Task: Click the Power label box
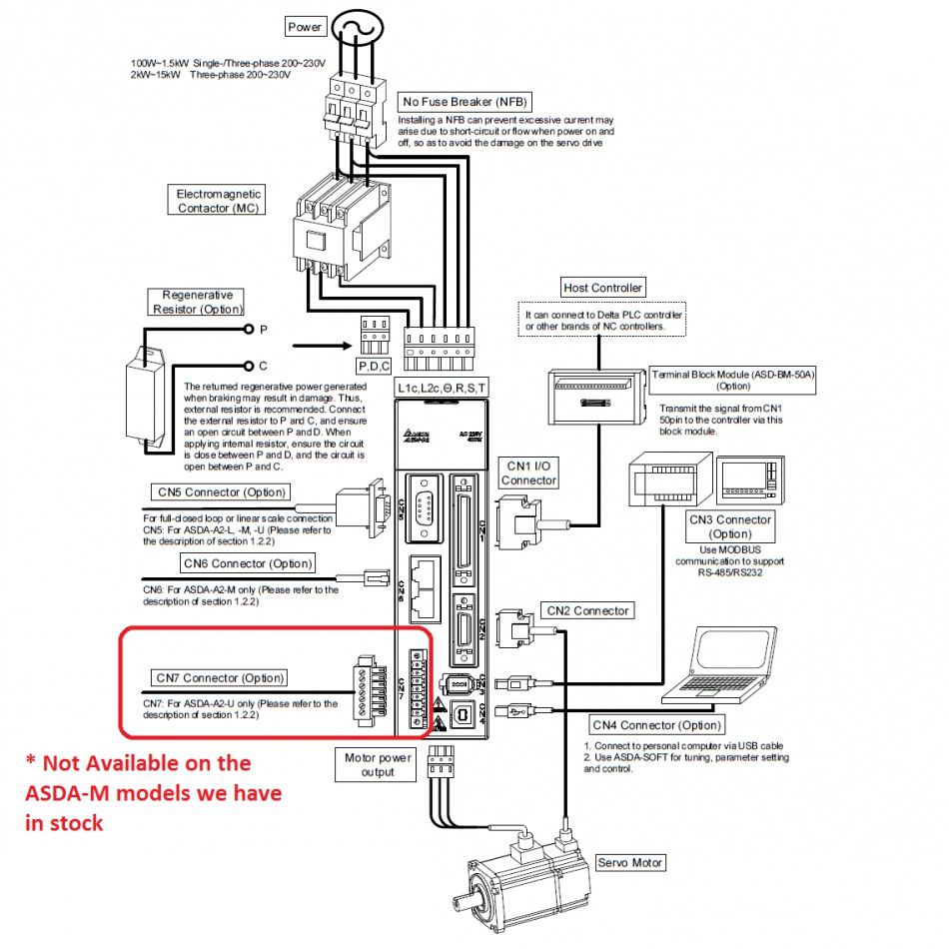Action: [x=305, y=26]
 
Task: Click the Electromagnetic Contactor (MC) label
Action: [x=219, y=200]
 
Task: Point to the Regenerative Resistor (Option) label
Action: [x=197, y=302]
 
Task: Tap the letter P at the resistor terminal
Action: [x=263, y=329]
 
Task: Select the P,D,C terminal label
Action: [x=376, y=365]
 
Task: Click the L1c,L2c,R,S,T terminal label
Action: [x=442, y=387]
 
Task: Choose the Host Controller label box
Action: [x=603, y=288]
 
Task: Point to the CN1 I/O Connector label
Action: [x=529, y=473]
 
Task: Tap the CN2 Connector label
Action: [x=587, y=610]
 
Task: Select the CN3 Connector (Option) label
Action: [x=730, y=526]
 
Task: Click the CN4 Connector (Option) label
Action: [x=655, y=725]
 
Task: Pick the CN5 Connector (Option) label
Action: [x=221, y=491]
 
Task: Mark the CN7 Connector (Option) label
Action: [x=220, y=678]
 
